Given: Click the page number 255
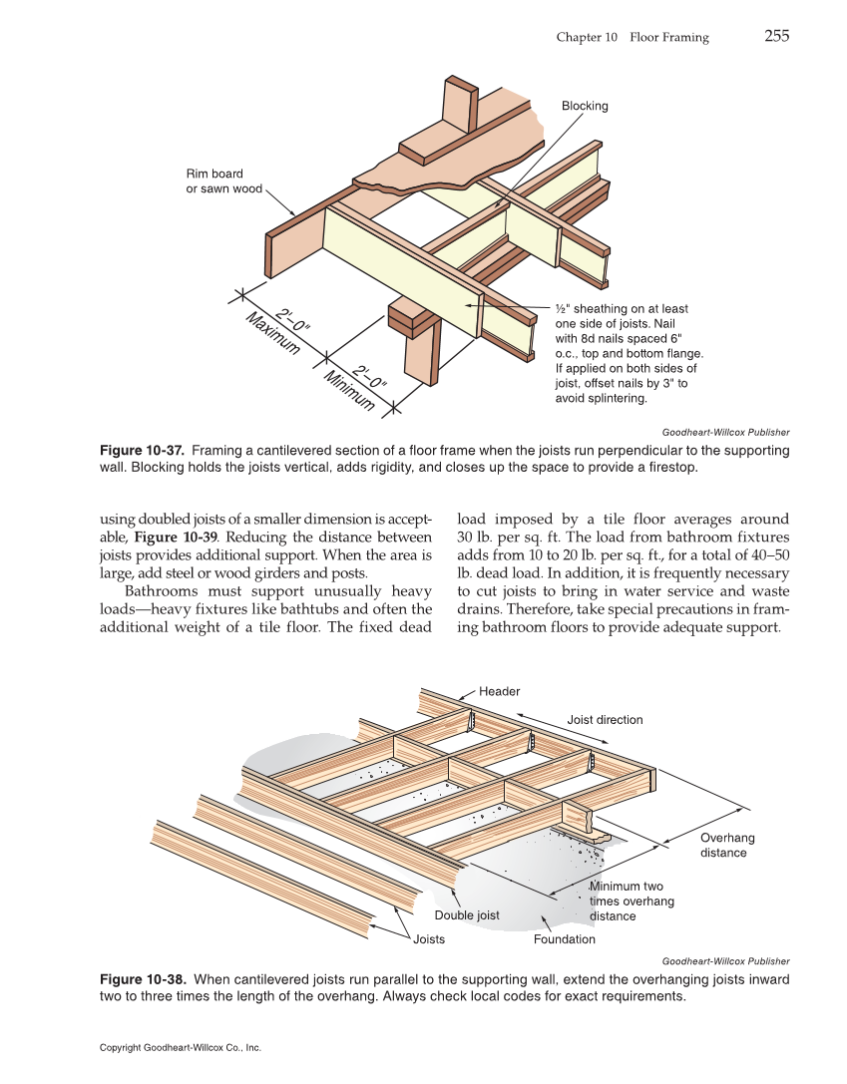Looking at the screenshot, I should click(776, 37).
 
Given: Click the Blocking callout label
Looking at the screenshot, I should click(584, 106).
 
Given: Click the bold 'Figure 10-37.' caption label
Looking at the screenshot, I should click(141, 451).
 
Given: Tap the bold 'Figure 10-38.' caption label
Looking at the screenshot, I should click(141, 979).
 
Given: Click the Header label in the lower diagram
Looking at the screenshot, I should click(499, 691).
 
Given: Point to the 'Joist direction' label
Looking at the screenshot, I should click(605, 719).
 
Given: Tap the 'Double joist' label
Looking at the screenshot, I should click(467, 915).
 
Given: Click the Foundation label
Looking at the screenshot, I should click(564, 939).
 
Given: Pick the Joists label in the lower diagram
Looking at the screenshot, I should click(429, 939).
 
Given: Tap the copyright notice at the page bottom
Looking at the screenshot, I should click(181, 1048).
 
